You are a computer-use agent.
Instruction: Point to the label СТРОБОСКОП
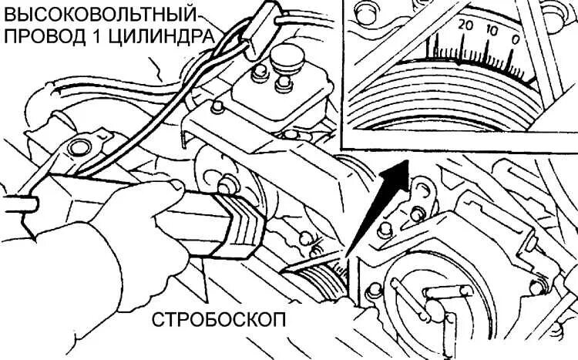tap(217, 318)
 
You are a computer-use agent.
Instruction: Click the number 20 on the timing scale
tap(464, 24)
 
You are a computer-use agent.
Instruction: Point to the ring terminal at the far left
tap(78, 146)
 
